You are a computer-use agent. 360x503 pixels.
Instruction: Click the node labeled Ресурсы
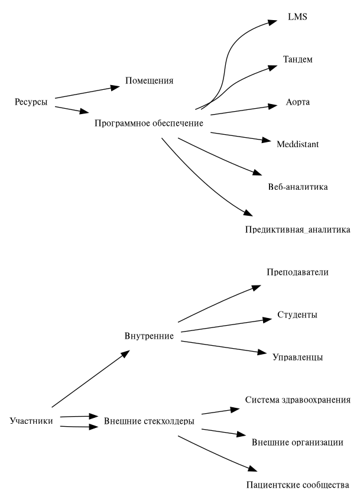tap(31, 101)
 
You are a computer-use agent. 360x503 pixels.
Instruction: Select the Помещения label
tap(149, 80)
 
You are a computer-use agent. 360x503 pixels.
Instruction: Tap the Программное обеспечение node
tap(149, 124)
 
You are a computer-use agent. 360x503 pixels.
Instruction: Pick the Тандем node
tap(297, 60)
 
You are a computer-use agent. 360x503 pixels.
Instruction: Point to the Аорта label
tap(297, 102)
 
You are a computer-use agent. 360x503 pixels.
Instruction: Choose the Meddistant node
tap(297, 143)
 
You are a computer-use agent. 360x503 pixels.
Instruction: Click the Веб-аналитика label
tap(297, 187)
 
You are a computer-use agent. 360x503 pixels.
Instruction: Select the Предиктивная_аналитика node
tap(297, 229)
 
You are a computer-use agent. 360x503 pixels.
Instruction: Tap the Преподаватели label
tap(297, 272)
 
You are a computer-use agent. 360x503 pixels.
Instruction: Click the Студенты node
tap(297, 314)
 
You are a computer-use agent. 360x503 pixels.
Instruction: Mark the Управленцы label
tap(297, 357)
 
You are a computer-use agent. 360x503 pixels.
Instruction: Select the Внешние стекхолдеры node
tap(149, 421)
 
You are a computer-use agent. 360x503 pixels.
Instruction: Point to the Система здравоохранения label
tap(298, 400)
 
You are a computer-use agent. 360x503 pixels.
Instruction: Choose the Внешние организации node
tap(298, 442)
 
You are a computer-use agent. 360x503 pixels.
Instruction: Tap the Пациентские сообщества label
tap(298, 485)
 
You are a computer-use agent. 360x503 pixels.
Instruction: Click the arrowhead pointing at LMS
tap(272, 22)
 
